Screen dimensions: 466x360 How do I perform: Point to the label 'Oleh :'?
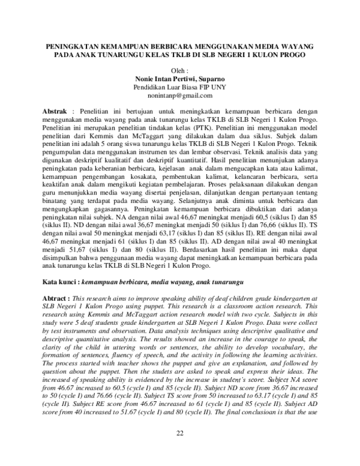point(181,70)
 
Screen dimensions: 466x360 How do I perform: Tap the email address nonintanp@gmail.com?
point(181,95)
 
